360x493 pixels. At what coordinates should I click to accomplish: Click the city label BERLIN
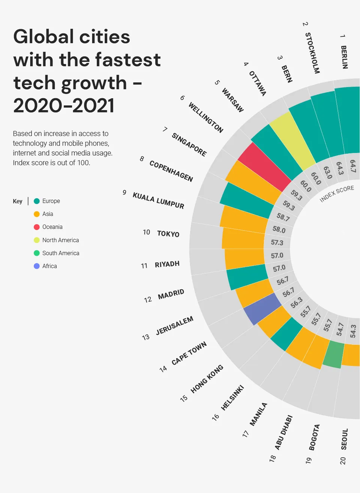coord(344,57)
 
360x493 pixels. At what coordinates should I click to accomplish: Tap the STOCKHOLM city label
coord(312,53)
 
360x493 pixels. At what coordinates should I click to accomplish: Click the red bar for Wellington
coord(264,166)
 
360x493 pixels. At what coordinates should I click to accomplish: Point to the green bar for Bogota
coord(334,355)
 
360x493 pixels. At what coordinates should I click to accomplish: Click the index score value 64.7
coord(353,166)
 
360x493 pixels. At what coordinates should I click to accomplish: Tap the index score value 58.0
coord(279,229)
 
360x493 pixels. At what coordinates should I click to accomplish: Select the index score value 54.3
coord(353,331)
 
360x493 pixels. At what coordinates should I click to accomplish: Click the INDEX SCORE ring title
coord(337,193)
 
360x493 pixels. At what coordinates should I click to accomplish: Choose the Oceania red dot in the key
coord(37,227)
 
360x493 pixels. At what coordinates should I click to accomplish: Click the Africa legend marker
coord(37,266)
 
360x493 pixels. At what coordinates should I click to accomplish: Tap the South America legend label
coord(61,253)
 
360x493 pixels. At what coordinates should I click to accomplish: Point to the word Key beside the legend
coord(18,201)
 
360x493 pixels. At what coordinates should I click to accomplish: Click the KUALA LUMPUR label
coord(158,201)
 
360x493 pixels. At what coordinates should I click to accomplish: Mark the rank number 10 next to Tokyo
coord(146,232)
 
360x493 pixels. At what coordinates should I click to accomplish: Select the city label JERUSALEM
coord(175,325)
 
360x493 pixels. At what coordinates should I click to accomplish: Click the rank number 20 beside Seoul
coord(343,461)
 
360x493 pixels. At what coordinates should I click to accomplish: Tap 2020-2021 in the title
coord(64,105)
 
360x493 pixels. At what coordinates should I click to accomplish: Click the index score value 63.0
coord(328,172)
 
